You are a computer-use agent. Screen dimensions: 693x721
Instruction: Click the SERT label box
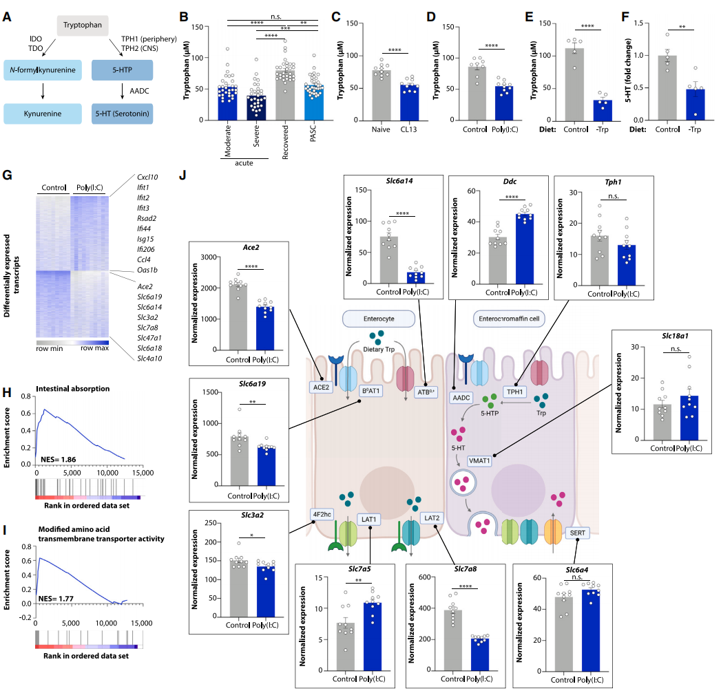[x=574, y=533]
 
